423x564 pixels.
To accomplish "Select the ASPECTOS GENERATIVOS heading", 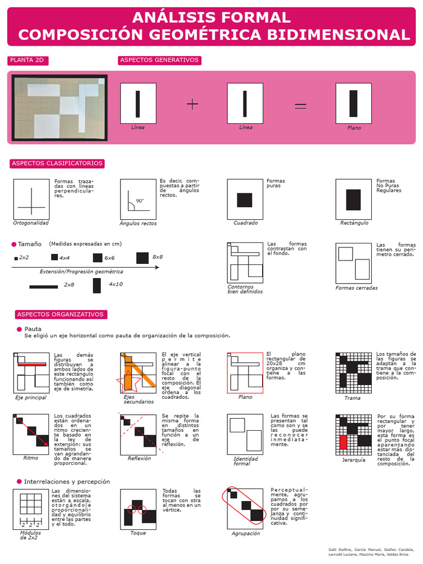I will coord(160,60).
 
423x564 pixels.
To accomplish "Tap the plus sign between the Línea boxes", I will coord(192,104).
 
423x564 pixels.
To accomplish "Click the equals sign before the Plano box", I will coord(300,105).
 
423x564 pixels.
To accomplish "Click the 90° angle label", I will coord(139,201).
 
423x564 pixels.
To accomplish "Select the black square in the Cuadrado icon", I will coord(245,199).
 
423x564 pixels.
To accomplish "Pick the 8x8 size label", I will coord(158,257).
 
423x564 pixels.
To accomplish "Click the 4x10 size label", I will coord(116,284).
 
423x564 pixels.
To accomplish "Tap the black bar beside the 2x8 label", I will coord(44,286).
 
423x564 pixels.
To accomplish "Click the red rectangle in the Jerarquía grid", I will coord(343,442).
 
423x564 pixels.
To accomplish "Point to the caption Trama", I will coord(352,398).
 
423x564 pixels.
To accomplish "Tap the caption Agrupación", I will coord(245,533).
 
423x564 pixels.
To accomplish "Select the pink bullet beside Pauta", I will coord(19,329).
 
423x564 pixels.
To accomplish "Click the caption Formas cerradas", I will coord(356,288).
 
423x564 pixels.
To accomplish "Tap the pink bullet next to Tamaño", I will coord(14,244).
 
